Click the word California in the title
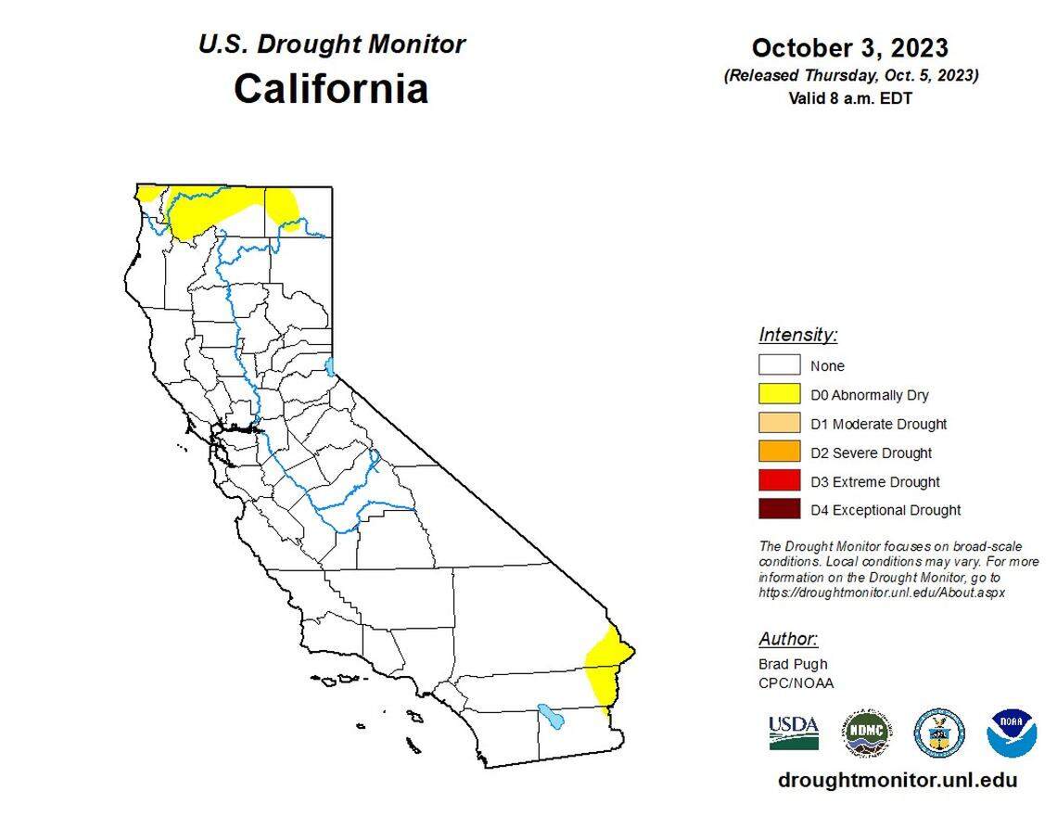[330, 88]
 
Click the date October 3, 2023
[849, 48]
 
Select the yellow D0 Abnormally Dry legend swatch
[779, 395]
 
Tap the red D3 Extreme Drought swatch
[779, 481]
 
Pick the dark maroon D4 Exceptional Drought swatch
[779, 510]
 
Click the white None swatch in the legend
[779, 365]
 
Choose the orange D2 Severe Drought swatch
[779, 453]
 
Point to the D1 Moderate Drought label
[878, 424]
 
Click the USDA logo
[794, 732]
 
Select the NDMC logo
[867, 733]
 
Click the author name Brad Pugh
[793, 664]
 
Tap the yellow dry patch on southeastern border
[607, 660]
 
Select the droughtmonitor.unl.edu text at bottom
[897, 779]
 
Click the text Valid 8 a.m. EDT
[849, 96]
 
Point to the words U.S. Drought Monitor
[331, 45]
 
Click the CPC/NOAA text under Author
[796, 683]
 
